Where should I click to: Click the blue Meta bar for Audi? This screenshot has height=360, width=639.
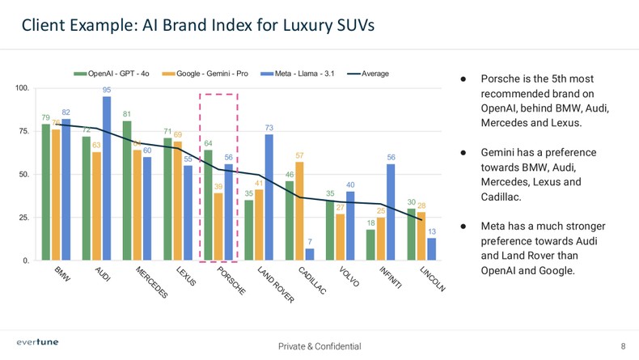tap(107, 179)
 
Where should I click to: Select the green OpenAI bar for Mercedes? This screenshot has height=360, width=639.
tap(127, 191)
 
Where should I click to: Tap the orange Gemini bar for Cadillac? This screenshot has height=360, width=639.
tap(300, 211)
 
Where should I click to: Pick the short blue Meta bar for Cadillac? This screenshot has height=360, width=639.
tap(310, 255)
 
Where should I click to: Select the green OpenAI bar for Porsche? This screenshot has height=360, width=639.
tap(208, 205)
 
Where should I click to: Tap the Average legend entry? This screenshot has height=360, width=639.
tap(369, 74)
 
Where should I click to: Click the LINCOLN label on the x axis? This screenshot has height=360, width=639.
tap(432, 280)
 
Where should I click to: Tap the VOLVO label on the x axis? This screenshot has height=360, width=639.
tap(349, 277)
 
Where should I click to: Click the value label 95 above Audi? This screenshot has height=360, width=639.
tap(107, 89)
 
